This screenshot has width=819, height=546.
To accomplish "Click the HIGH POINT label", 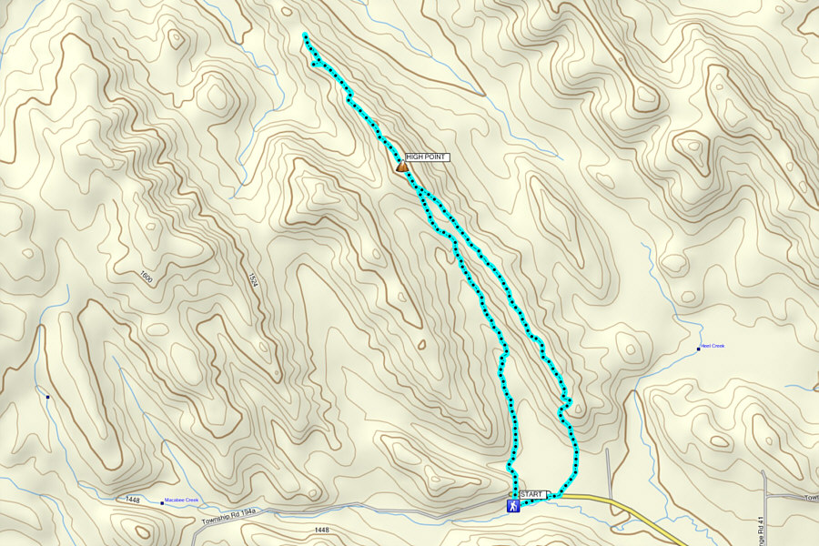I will (428, 157).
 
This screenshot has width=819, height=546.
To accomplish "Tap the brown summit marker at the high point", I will (401, 167).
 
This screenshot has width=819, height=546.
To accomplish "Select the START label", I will (531, 494).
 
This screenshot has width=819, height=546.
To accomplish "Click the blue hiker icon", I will (514, 504).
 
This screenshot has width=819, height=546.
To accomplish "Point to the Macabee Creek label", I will (180, 500).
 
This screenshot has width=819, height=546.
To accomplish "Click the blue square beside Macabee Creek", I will (162, 502).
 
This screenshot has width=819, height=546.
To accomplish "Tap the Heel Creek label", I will (713, 346).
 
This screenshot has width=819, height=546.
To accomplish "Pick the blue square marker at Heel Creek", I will (699, 349).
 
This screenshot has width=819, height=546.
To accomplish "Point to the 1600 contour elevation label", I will (147, 275).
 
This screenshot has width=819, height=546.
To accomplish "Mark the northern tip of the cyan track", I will (304, 35).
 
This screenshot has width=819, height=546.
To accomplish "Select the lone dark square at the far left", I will (46, 396).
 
